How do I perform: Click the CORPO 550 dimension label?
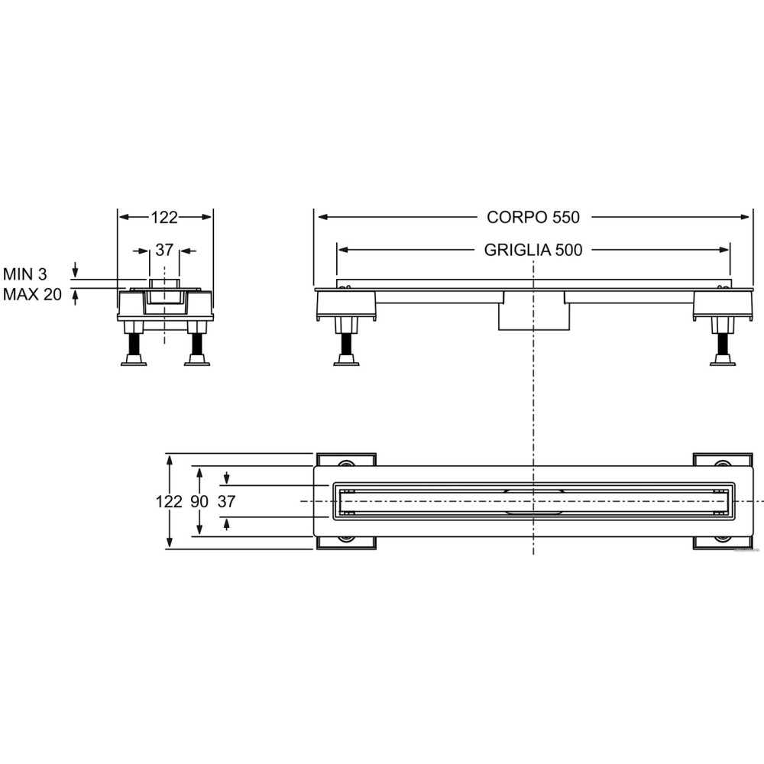tap(533, 217)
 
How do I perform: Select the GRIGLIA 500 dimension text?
tap(533, 250)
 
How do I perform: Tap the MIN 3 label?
tap(25, 274)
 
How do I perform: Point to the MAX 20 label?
tap(32, 294)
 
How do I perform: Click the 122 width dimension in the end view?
tap(164, 217)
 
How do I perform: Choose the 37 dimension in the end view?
tap(164, 250)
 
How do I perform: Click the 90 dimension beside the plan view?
tap(199, 501)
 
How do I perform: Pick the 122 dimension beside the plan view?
tap(169, 501)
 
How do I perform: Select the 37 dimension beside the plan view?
tap(227, 501)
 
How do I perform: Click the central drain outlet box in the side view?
tap(533, 311)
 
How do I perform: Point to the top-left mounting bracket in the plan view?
tap(346, 459)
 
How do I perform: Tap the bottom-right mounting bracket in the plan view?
tap(723, 542)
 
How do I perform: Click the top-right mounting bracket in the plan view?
tap(723, 459)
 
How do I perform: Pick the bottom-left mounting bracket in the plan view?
tap(346, 542)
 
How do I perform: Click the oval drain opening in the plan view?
tap(533, 501)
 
